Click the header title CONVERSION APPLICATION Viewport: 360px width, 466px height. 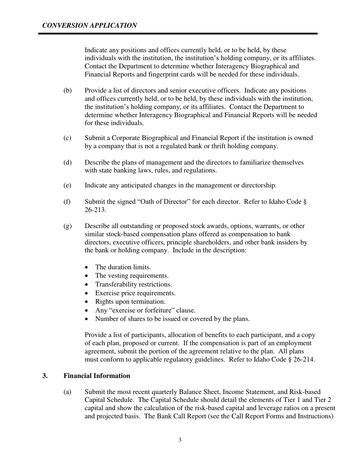tap(89, 25)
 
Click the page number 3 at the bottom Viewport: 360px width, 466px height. tap(180, 440)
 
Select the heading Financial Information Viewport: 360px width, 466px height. tap(97, 376)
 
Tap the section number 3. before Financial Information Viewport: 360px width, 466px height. tap(45, 376)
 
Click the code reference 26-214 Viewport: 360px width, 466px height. tap(302, 360)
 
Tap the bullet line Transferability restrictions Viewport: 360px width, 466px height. tap(133, 284)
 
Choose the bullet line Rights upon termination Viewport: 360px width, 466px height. tap(130, 302)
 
